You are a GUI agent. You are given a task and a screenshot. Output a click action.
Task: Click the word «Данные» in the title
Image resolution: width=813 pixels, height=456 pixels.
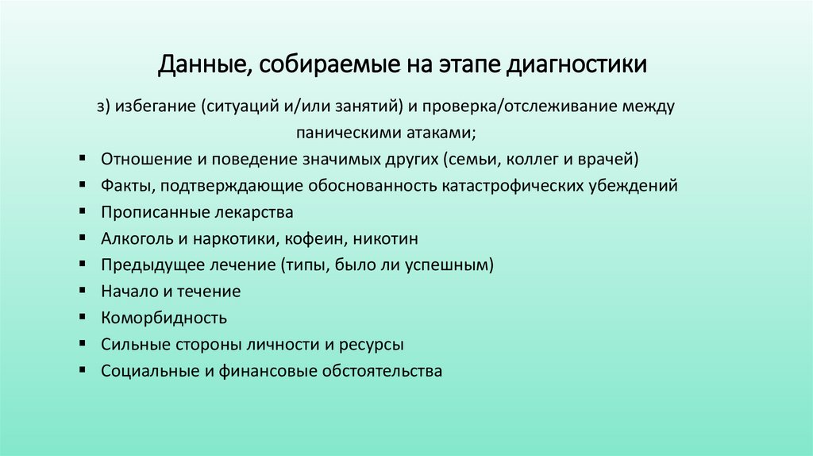(201, 64)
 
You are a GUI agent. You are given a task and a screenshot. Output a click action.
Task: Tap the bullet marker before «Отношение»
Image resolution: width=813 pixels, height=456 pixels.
(83, 158)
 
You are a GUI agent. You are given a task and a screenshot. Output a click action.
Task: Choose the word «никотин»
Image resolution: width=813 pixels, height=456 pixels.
(387, 238)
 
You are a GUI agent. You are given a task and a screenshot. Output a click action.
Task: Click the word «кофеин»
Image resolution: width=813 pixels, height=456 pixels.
(318, 238)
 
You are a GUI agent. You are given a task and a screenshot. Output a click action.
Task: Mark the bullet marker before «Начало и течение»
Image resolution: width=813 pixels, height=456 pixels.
(83, 291)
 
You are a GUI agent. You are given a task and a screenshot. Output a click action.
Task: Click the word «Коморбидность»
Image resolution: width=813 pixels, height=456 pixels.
(164, 318)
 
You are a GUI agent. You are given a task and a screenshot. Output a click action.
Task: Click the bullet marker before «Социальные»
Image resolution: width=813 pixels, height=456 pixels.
(83, 370)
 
